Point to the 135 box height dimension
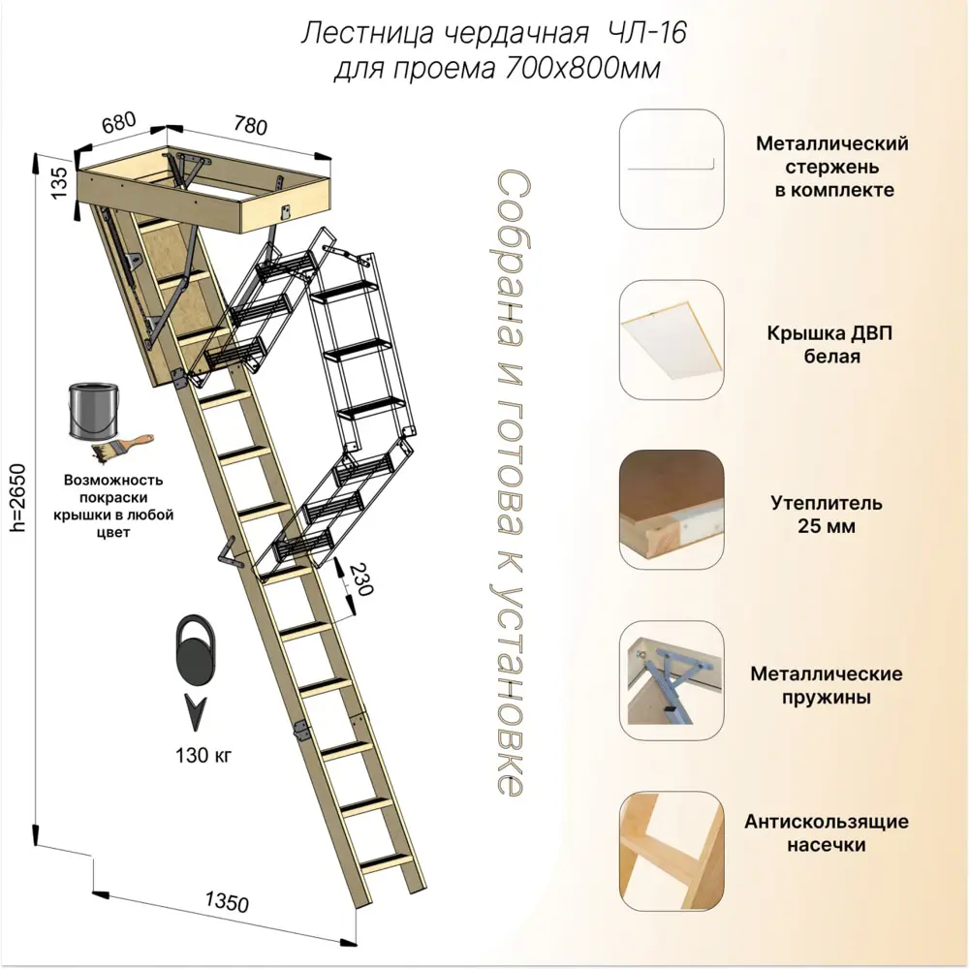coord(58,182)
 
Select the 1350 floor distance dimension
coord(226,903)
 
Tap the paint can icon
coord(94,412)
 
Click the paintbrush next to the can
coord(123,447)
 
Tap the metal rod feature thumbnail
coord(671,168)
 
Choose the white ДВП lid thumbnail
coord(671,338)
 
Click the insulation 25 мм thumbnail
coord(671,509)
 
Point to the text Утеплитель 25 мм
coord(827,516)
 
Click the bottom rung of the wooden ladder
coord(388,860)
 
